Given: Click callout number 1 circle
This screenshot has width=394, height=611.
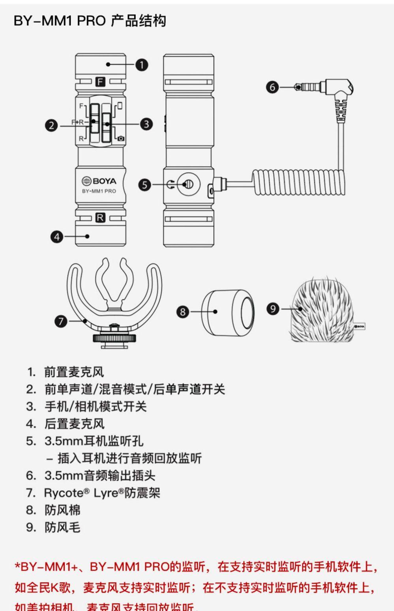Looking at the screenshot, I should [x=142, y=64].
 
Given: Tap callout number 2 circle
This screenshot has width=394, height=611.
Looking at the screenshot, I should [x=51, y=125].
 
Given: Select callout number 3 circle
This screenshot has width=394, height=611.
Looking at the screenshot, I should [x=146, y=124].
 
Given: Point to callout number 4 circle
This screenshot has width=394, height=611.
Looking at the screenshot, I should [x=57, y=236].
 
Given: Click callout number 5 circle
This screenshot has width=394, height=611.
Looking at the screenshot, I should [x=145, y=185].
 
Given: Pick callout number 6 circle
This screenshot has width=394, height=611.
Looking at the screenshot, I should [x=272, y=87].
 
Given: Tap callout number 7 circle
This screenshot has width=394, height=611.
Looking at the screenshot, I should [x=61, y=321].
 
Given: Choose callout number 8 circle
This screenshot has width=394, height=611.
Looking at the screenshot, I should [x=182, y=312].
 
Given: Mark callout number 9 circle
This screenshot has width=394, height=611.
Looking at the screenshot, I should [x=272, y=308].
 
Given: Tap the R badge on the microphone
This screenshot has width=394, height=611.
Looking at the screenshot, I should [x=101, y=218].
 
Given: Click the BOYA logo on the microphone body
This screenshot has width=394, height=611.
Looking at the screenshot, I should [x=99, y=181].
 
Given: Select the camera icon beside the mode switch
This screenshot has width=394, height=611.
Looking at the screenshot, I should [x=121, y=138].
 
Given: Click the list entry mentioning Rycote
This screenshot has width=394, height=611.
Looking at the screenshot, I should [x=102, y=493].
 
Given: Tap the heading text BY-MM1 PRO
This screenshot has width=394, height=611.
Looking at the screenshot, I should [x=60, y=21].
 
